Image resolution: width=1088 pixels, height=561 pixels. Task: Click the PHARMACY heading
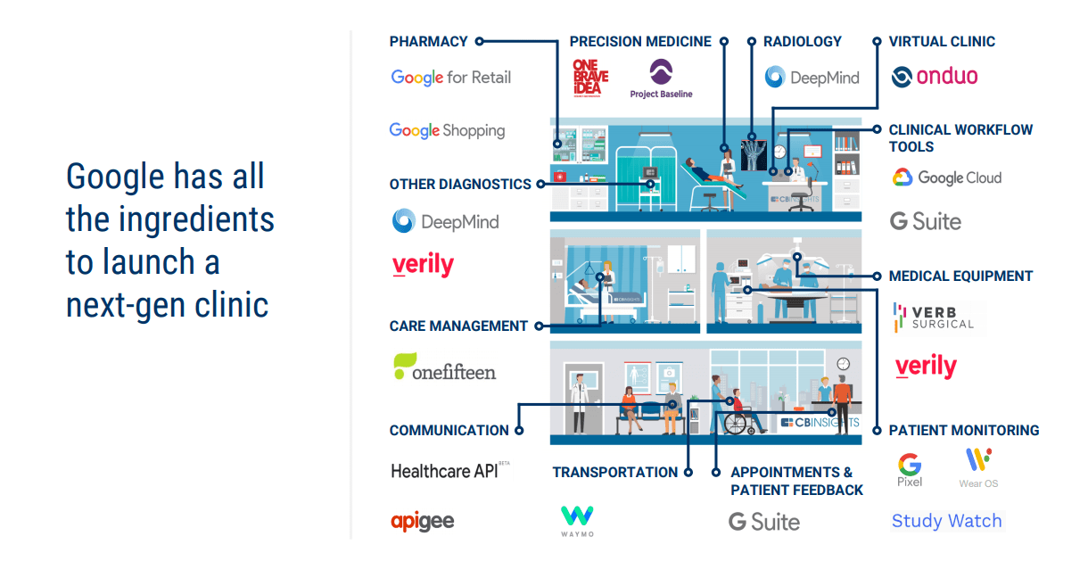click(428, 41)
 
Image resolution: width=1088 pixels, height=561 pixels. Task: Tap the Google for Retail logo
click(451, 78)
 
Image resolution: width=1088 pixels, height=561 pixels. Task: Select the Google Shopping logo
click(447, 131)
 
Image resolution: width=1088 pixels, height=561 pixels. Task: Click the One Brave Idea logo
click(590, 78)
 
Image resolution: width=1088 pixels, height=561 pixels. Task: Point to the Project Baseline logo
click(661, 78)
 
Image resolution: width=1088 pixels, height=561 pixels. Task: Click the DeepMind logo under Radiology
click(812, 78)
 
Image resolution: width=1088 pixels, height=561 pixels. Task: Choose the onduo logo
click(934, 77)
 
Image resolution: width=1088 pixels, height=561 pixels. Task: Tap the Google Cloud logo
click(946, 177)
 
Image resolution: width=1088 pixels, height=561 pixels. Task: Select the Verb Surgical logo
click(934, 317)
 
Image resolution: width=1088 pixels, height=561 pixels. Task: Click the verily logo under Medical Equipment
click(926, 367)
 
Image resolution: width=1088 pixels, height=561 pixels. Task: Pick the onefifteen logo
click(444, 368)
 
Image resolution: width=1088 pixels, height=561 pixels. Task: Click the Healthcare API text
click(445, 471)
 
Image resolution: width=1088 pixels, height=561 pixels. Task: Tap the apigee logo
click(422, 521)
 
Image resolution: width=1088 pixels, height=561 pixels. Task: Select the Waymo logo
click(577, 521)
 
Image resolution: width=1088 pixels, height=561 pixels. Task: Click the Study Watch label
click(946, 521)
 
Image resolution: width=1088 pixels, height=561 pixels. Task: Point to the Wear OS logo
click(978, 467)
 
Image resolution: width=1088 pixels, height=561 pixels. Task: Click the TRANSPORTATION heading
click(614, 472)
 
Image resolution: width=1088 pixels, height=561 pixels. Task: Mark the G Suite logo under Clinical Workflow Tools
click(926, 221)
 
